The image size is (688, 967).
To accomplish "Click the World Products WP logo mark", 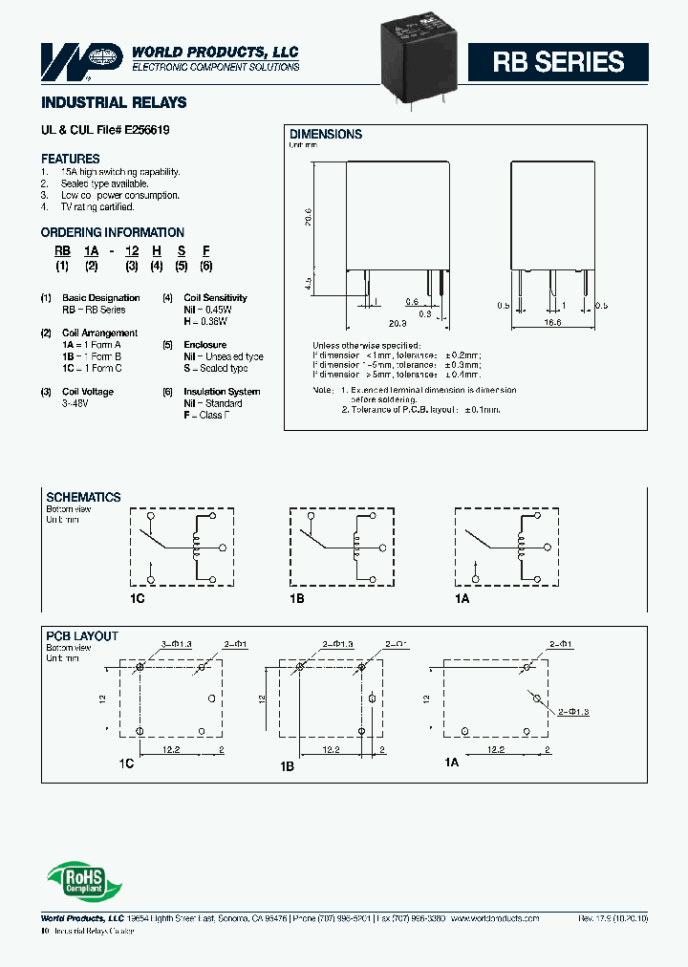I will (81, 58).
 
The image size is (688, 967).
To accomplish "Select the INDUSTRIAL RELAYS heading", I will (114, 102).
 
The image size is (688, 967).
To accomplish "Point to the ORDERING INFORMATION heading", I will (113, 232).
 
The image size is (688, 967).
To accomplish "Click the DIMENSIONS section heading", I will (326, 135).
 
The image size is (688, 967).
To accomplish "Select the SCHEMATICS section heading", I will (84, 498).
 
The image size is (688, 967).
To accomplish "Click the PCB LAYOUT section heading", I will (82, 636).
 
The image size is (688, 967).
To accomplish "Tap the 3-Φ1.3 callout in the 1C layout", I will (178, 645).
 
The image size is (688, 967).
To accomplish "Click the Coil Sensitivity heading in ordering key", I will (215, 298).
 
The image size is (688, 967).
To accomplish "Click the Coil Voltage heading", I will (88, 392).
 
